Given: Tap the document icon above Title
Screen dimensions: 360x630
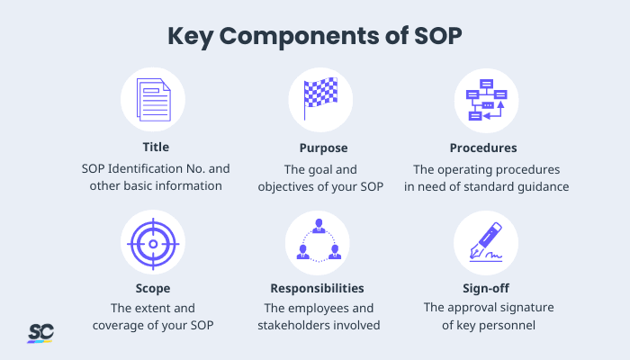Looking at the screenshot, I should (x=152, y=100).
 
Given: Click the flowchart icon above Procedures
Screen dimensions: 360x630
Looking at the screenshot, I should (x=485, y=100).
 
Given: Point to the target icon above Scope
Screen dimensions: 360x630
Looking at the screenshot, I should (x=152, y=242).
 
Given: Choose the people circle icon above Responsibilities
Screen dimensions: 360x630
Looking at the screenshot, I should (x=319, y=242).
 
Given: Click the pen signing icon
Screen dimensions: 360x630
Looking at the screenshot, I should (x=485, y=242).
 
